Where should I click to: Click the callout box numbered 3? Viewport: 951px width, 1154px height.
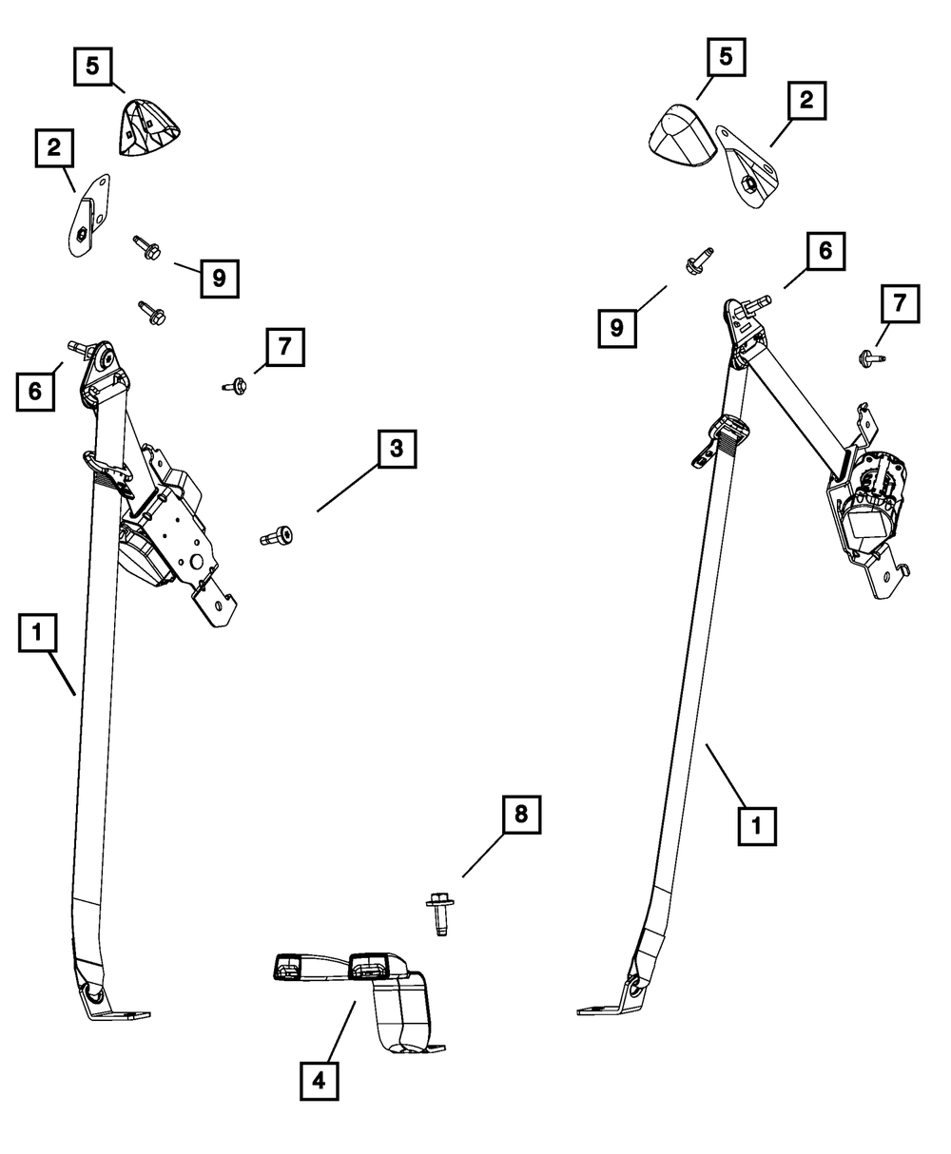(x=397, y=450)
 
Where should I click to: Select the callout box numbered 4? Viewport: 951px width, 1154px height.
(x=320, y=1080)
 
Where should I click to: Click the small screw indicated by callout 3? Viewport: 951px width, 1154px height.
(x=277, y=536)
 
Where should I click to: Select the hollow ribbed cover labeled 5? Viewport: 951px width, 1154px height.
(x=149, y=130)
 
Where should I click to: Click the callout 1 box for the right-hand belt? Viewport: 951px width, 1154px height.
(x=757, y=826)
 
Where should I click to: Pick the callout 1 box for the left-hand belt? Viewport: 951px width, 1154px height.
(x=37, y=633)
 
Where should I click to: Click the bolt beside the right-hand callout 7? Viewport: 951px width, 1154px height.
(x=866, y=358)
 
